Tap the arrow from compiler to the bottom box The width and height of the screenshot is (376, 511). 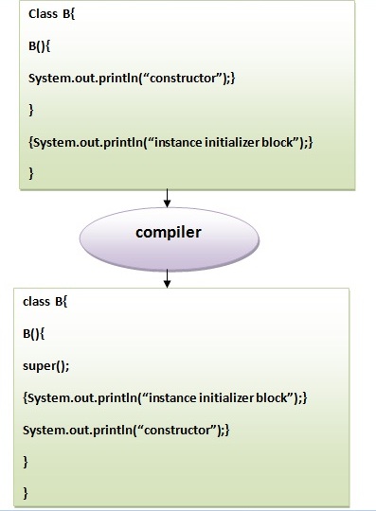click(168, 275)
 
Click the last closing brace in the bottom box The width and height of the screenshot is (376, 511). click(27, 492)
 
